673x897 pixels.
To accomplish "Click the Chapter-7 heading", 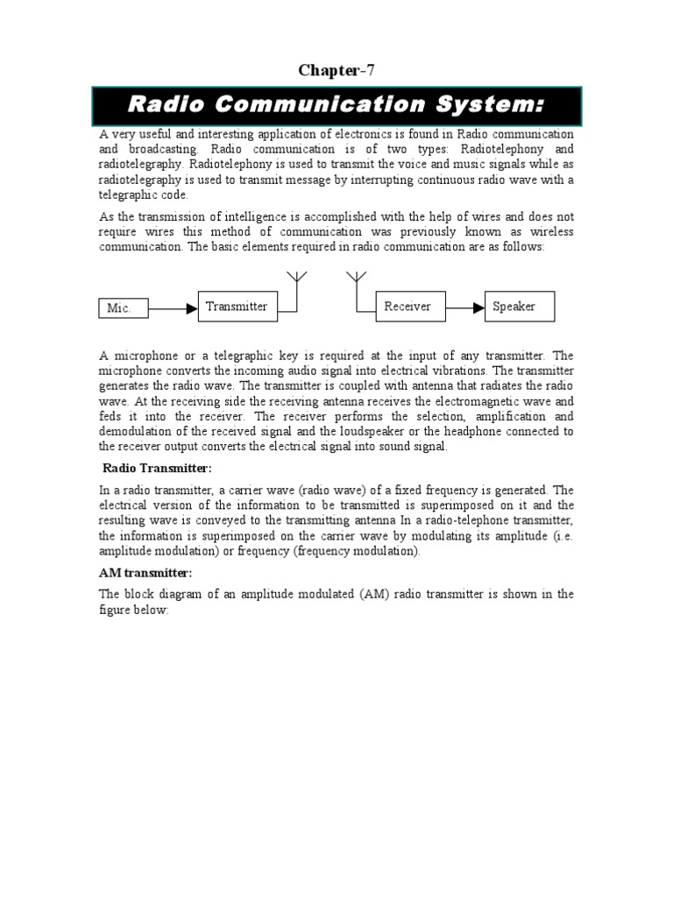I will click(336, 71).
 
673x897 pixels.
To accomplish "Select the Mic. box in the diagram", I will click(123, 308).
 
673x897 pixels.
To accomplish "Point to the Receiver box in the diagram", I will click(407, 306).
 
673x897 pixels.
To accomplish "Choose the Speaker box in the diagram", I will click(519, 306).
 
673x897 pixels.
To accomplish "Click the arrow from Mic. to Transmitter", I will click(174, 308).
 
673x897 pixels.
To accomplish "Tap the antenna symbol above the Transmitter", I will click(296, 279).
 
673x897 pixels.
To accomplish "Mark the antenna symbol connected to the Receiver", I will click(356, 279).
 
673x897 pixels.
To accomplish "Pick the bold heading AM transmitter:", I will click(145, 572).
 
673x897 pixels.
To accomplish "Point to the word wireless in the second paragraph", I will click(550, 232).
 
